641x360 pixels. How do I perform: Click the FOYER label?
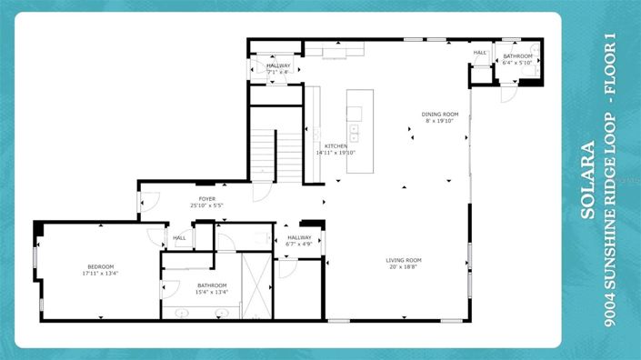[208, 199]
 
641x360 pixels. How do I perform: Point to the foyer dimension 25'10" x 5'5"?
[208, 205]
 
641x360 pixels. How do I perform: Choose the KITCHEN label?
[336, 146]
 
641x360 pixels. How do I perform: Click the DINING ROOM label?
[440, 115]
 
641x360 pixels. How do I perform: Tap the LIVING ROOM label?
[404, 261]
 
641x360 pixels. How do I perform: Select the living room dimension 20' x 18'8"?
[404, 267]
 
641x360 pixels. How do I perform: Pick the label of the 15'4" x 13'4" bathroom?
[211, 285]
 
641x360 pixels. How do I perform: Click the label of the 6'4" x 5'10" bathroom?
[517, 56]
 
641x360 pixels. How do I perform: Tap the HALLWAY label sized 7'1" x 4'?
[278, 66]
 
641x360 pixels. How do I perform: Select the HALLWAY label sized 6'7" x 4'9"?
[299, 237]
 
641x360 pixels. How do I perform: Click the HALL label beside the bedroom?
[179, 238]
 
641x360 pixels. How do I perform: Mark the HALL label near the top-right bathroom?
[479, 53]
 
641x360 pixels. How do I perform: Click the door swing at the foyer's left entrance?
[149, 202]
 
